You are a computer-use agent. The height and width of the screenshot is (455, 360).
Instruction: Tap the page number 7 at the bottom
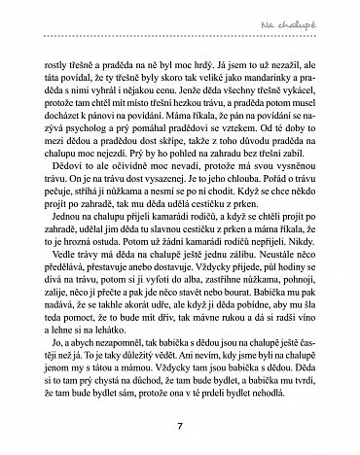(180, 423)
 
